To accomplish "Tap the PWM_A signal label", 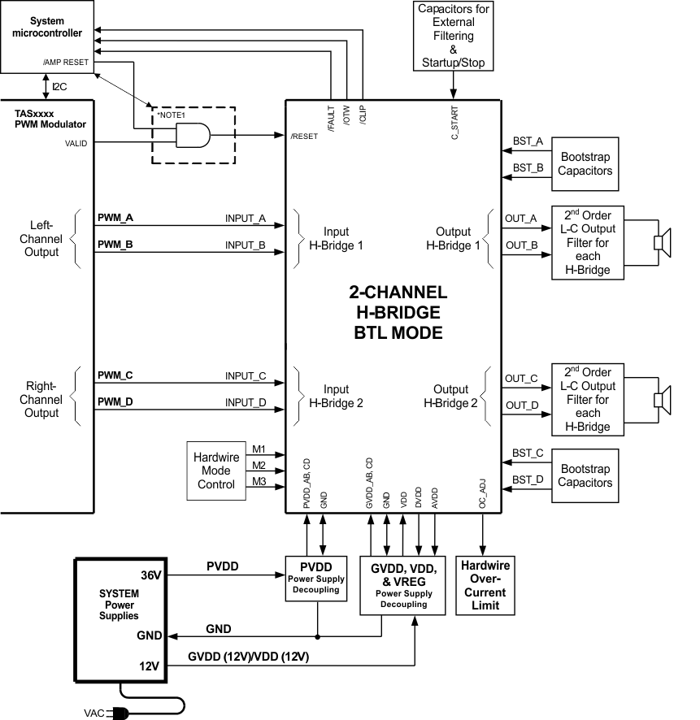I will [x=115, y=219].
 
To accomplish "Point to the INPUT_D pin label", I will [x=246, y=402].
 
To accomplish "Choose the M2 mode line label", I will [x=259, y=466].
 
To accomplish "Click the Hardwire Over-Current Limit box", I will [x=485, y=585].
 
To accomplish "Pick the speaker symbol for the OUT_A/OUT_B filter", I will [x=663, y=242].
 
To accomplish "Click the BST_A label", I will [x=528, y=141].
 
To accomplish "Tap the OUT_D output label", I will [x=521, y=406].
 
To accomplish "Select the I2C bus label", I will [x=60, y=85].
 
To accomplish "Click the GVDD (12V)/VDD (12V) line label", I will [x=249, y=656].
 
